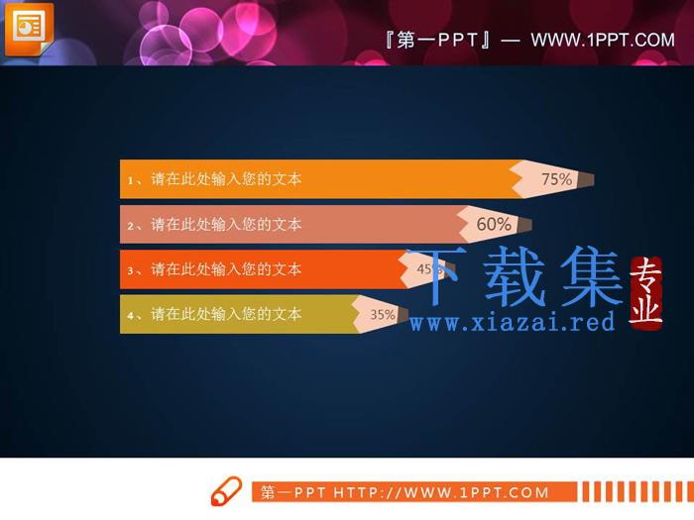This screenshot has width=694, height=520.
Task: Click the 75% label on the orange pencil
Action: click(557, 179)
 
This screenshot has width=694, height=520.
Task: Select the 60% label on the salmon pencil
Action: click(494, 224)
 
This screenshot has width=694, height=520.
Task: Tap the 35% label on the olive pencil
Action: click(383, 314)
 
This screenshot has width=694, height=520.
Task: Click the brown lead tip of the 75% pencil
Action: click(587, 179)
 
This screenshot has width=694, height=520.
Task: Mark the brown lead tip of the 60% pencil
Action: click(524, 225)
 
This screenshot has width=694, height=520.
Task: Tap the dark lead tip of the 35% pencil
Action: click(403, 314)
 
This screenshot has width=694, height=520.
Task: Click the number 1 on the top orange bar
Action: click(131, 180)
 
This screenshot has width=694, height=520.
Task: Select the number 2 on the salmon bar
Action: click(131, 226)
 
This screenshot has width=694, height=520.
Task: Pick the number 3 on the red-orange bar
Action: click(131, 270)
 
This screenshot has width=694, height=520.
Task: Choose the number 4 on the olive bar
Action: click(131, 316)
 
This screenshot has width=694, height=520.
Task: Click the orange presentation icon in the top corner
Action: click(29, 29)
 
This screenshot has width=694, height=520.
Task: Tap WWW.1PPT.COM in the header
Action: click(603, 41)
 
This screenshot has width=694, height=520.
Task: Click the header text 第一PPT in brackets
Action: click(437, 41)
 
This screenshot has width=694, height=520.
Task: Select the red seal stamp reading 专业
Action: click(645, 293)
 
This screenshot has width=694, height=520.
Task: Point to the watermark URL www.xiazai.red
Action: click(513, 322)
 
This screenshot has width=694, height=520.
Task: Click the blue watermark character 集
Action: click(592, 276)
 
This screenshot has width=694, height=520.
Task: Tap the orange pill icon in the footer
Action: click(226, 491)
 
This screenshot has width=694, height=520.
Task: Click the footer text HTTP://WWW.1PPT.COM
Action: click(441, 492)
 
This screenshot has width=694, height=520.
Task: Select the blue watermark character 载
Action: click(515, 276)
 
